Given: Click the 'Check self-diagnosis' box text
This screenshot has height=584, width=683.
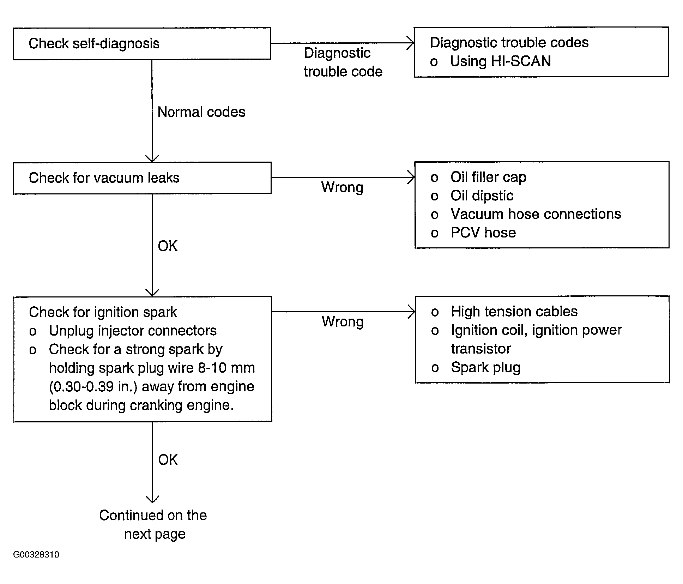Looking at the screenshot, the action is click(x=94, y=44).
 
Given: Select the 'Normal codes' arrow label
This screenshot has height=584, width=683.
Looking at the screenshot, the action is click(x=201, y=112).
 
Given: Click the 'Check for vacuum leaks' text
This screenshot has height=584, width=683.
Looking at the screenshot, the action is click(x=104, y=178).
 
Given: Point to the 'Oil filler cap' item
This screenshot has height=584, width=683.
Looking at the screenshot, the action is click(x=488, y=177).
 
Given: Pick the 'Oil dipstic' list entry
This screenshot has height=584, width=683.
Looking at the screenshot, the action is click(x=482, y=195).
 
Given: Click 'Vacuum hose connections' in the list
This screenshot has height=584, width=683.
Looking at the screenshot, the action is click(x=536, y=214).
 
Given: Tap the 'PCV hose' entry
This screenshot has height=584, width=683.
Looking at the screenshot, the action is click(x=483, y=233).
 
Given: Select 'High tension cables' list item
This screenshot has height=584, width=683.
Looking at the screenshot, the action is click(x=514, y=312).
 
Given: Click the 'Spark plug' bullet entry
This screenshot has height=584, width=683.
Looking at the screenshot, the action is click(x=486, y=368).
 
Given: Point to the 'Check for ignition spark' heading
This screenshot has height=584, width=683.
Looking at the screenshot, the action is click(x=103, y=312).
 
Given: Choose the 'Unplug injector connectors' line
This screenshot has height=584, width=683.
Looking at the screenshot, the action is click(x=133, y=331).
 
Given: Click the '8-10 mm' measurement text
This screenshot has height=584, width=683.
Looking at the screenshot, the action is click(x=226, y=368).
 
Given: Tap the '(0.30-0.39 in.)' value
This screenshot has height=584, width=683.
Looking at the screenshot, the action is click(x=93, y=387).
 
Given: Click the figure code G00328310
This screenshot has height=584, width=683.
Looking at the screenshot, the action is click(x=36, y=554).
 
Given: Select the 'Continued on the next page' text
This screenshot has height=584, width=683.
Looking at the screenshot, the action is click(x=153, y=525).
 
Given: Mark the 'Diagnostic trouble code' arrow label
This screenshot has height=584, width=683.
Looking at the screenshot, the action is click(x=343, y=62).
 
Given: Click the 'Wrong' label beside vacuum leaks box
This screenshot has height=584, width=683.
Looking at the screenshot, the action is click(x=342, y=187).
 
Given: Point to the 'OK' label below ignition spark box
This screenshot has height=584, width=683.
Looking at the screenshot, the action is click(x=168, y=460).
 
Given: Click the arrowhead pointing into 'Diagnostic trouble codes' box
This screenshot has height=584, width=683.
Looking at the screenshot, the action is click(x=411, y=43).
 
